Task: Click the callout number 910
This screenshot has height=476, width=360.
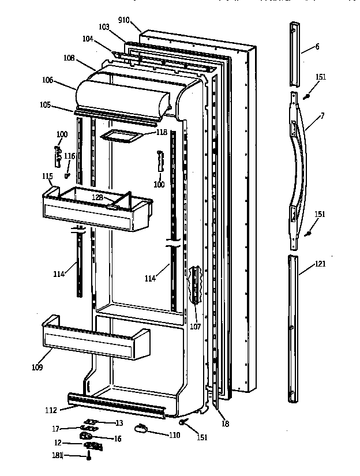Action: tap(123, 20)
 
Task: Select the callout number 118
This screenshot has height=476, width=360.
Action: tap(162, 132)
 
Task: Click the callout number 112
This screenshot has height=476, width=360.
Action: tap(51, 411)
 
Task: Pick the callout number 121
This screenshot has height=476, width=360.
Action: tap(320, 264)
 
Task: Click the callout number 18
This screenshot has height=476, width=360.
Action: tap(225, 423)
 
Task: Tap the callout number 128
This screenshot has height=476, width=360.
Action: tap(98, 198)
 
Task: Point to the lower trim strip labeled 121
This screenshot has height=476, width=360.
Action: tap(295, 329)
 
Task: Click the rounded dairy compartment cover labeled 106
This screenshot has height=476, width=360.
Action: tap(124, 95)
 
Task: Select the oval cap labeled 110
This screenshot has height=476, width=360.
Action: tap(142, 428)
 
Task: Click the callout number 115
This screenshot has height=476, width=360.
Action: tap(47, 175)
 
